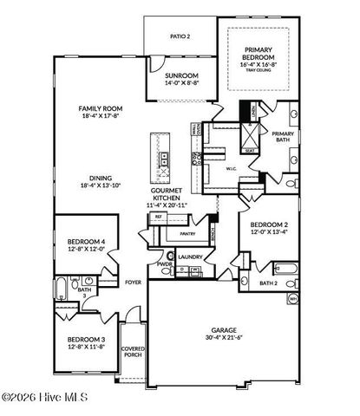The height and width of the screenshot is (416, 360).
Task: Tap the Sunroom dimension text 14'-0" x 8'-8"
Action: [x=182, y=84]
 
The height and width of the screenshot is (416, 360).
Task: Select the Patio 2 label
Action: [x=180, y=37]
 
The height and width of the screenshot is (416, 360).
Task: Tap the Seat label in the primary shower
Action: [x=251, y=149]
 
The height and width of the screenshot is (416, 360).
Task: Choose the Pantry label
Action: [x=186, y=234]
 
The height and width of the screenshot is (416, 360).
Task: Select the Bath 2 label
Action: [x=268, y=283]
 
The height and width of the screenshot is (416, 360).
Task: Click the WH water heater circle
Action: [x=292, y=300]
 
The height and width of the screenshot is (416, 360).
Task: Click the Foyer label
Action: [x=133, y=283]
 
